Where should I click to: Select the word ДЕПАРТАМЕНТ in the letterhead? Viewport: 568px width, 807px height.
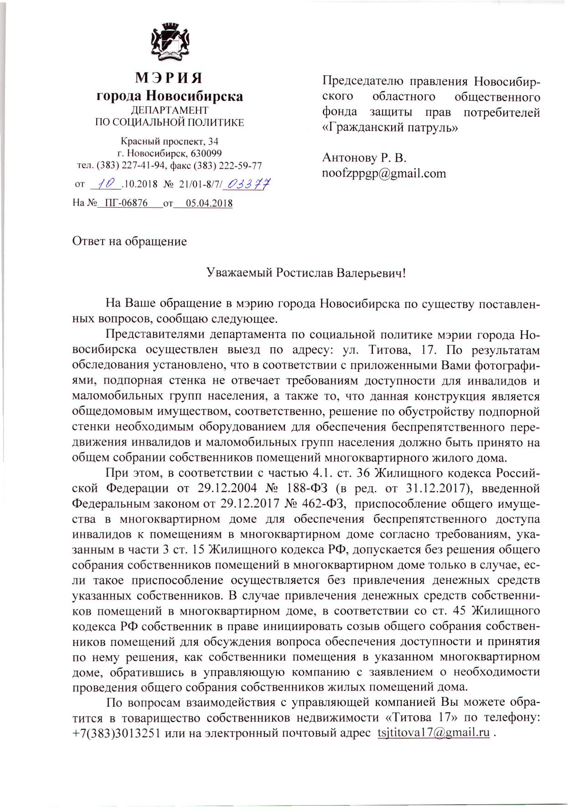pyautogui.click(x=169, y=110)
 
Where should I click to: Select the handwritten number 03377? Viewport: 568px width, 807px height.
pyautogui.click(x=249, y=184)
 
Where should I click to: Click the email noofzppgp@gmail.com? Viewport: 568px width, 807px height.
pyautogui.click(x=384, y=173)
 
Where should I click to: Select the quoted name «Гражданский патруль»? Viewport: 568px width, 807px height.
pyautogui.click(x=390, y=127)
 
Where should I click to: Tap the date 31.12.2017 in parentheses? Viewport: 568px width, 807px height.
pyautogui.click(x=437, y=489)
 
